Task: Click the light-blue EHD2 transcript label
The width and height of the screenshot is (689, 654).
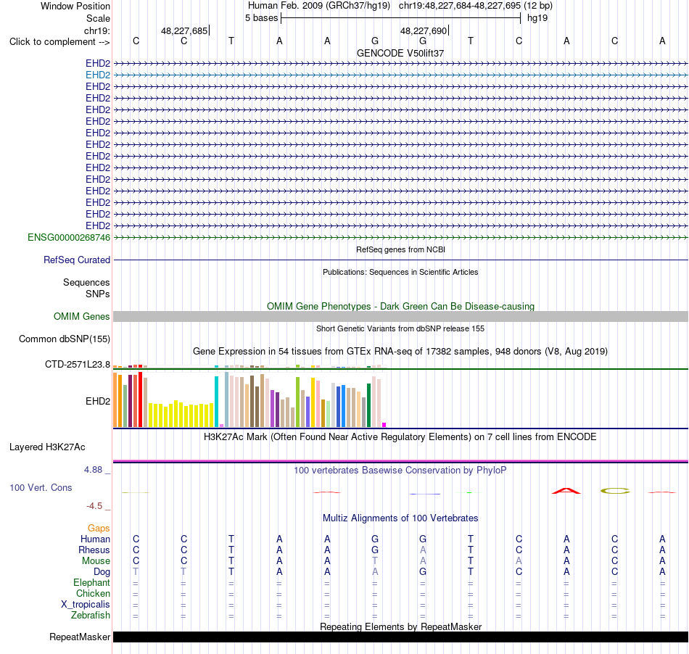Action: pos(98,75)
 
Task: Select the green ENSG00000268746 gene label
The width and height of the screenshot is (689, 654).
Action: pos(69,238)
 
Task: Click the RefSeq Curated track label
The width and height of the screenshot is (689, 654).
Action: pos(77,260)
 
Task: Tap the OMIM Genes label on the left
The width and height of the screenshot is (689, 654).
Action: pos(82,316)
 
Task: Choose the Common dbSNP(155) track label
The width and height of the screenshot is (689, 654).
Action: pos(65,339)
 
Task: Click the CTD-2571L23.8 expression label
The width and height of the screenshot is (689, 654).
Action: pos(78,364)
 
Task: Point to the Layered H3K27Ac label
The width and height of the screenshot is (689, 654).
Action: pos(47,447)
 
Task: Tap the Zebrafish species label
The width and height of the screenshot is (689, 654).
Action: pos(91,615)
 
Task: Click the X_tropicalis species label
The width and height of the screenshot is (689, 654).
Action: pos(86,605)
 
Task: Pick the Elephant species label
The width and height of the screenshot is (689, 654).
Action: pos(92,582)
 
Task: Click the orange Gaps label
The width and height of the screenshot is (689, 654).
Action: pos(99,528)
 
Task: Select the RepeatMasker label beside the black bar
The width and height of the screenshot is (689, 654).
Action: pos(80,637)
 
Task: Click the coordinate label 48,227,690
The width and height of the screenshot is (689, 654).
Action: pos(424,30)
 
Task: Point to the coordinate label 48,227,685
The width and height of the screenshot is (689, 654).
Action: pos(184,30)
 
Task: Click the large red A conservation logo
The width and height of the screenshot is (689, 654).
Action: pos(566,491)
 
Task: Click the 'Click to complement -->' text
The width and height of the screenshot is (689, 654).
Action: pos(59,42)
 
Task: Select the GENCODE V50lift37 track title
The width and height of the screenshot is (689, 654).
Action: pos(400,53)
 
